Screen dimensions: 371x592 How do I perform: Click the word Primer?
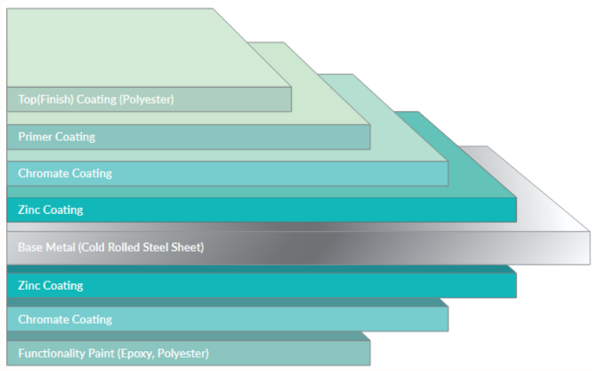(x=35, y=137)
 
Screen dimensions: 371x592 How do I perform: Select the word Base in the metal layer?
(x=30, y=247)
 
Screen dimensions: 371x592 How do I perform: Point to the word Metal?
(x=61, y=247)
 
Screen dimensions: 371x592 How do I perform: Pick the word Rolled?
(x=123, y=247)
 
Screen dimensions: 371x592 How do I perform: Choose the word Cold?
(x=93, y=247)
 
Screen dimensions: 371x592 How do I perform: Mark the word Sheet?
(x=189, y=247)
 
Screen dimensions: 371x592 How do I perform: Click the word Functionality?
(x=50, y=354)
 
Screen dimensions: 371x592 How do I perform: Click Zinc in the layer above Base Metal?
(x=30, y=210)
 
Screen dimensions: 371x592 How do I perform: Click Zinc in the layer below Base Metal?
(x=30, y=286)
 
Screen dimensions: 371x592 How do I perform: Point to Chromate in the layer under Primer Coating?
(x=43, y=174)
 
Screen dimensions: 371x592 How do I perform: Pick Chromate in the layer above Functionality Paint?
(x=43, y=319)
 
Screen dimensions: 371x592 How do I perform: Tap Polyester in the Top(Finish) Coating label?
(x=148, y=99)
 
